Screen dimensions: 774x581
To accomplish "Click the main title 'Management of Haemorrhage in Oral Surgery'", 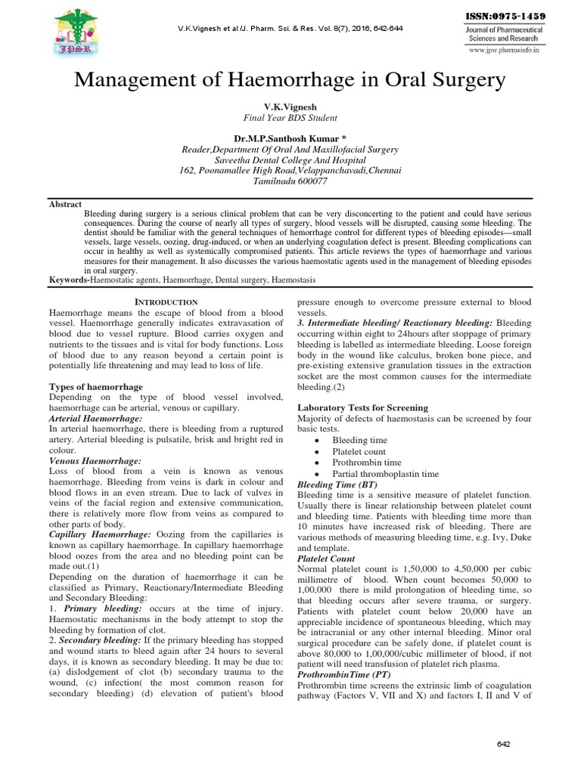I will pos(290,81).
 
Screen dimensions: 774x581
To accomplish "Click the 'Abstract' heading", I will pos(66,203).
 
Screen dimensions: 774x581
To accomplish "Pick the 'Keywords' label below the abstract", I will pos(68,280).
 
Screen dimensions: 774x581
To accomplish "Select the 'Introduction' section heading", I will pos(166,302).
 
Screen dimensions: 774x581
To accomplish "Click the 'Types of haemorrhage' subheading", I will pos(95,386).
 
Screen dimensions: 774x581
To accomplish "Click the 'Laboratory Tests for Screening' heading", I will pos(362,407).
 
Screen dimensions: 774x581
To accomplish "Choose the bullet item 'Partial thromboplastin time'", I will pos(385,474).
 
